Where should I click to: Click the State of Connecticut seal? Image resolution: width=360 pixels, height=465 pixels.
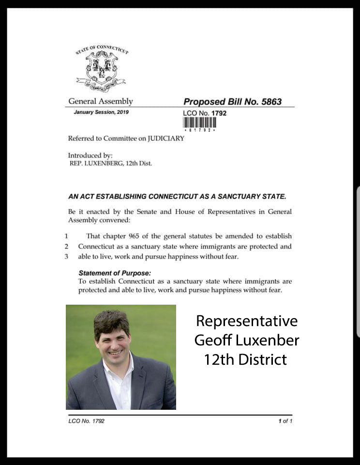click(x=102, y=68)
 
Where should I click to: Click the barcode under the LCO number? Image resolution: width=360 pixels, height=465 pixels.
click(x=199, y=123)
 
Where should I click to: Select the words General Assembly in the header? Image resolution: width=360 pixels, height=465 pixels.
click(x=100, y=101)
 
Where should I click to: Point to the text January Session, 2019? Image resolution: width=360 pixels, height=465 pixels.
click(x=101, y=112)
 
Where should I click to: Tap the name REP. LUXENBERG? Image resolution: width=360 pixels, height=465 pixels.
click(x=98, y=163)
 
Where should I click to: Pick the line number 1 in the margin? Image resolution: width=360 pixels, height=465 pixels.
click(x=66, y=236)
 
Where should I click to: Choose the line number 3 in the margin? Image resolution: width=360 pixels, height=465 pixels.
click(x=66, y=257)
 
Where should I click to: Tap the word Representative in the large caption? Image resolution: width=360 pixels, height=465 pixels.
click(x=247, y=321)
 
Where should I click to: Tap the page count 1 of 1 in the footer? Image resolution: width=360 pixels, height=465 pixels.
click(x=285, y=421)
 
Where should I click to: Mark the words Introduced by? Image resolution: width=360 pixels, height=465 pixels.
click(x=90, y=155)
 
